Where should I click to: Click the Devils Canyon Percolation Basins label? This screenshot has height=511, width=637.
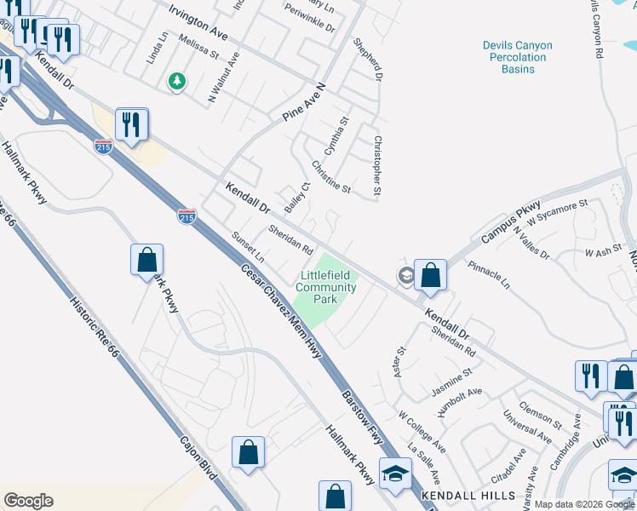[x=517, y=57]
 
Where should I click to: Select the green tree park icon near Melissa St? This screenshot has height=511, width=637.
[x=177, y=82]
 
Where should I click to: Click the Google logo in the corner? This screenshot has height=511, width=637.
[x=28, y=501]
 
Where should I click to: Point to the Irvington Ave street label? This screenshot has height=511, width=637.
[x=198, y=23]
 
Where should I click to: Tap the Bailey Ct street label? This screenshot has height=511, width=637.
[x=296, y=198]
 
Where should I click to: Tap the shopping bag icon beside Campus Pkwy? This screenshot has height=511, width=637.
[x=432, y=275]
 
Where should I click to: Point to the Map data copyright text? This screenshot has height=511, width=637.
[x=584, y=504]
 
